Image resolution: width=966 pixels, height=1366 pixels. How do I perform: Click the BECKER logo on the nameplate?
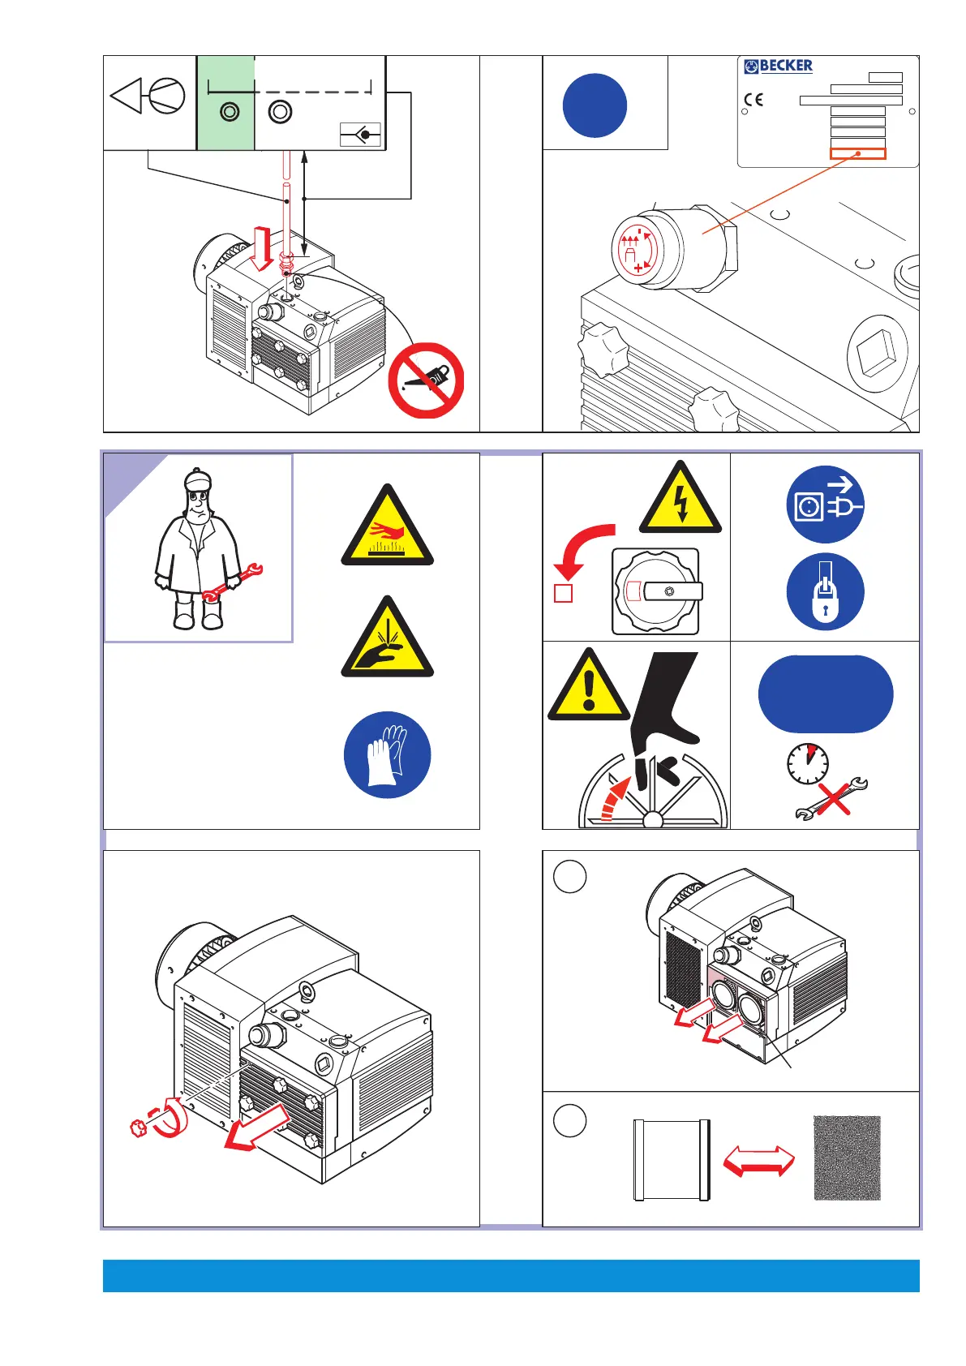[778, 66]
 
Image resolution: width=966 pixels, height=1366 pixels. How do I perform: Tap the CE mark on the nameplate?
[753, 100]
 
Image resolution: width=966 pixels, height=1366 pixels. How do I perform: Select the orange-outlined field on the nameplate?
[857, 153]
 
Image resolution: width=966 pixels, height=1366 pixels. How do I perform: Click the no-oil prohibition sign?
[426, 380]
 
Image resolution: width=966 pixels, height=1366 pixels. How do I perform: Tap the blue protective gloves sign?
[387, 754]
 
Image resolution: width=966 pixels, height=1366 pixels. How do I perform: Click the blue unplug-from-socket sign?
[825, 505]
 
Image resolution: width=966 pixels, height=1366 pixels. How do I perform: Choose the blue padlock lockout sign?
[825, 591]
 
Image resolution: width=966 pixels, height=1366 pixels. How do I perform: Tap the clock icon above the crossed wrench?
[808, 763]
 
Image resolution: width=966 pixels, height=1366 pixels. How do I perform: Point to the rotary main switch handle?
[673, 591]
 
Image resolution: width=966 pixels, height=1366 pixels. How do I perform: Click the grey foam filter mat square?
[847, 1158]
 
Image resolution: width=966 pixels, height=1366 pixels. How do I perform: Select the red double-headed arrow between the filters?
[758, 1160]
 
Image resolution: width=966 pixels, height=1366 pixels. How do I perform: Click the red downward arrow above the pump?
[262, 248]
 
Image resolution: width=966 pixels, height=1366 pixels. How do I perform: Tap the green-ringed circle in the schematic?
[230, 112]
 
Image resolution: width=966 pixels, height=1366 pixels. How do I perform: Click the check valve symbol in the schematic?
[360, 135]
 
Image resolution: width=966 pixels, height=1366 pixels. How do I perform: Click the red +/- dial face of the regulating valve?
[636, 250]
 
